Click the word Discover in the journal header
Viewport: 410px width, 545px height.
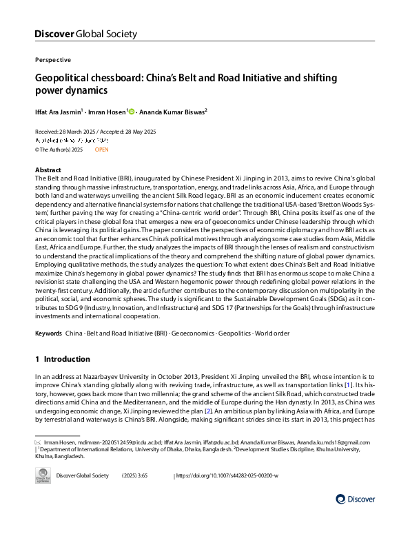[x=52, y=34]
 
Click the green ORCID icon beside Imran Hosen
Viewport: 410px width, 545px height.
[x=132, y=111]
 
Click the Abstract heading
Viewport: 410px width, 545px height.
[x=50, y=169]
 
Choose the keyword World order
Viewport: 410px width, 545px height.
[x=274, y=333]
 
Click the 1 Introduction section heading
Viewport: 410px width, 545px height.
[x=62, y=359]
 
